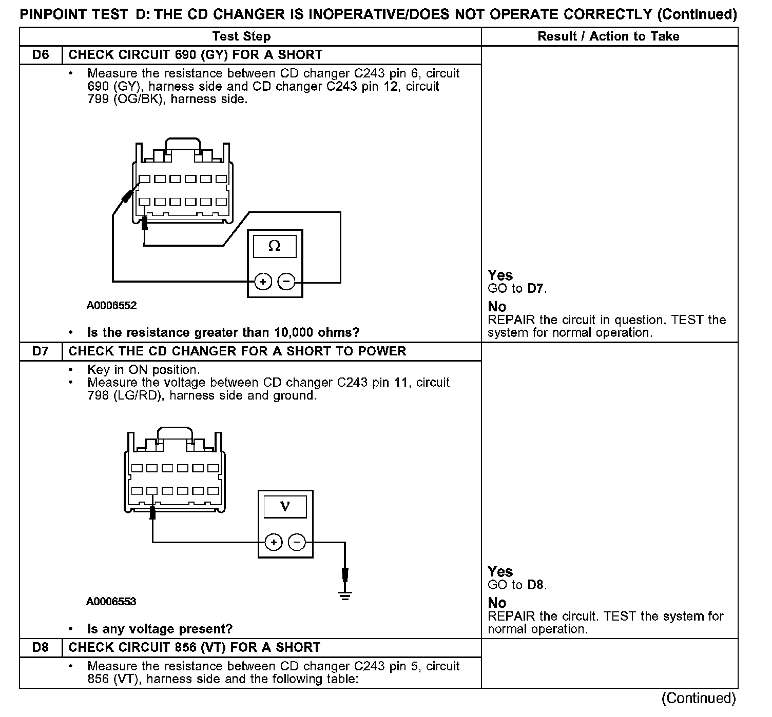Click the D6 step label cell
tap(41, 55)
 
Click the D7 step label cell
tap(41, 351)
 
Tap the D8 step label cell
tap(41, 647)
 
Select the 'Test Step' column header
tap(241, 36)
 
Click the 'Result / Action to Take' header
tap(608, 36)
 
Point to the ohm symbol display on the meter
tap(275, 246)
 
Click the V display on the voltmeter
tap(285, 507)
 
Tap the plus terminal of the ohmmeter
tap(263, 282)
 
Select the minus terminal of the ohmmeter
tap(286, 282)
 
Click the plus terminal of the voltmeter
tap(274, 542)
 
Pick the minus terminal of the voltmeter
tap(297, 542)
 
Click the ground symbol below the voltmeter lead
tap(345, 595)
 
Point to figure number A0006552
tap(111, 306)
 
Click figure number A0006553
tap(111, 602)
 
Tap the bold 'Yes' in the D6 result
tap(500, 275)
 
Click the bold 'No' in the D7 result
tap(497, 603)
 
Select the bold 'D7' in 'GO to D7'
tap(536, 289)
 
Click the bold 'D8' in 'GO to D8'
tap(536, 585)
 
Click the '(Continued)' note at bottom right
tap(698, 698)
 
